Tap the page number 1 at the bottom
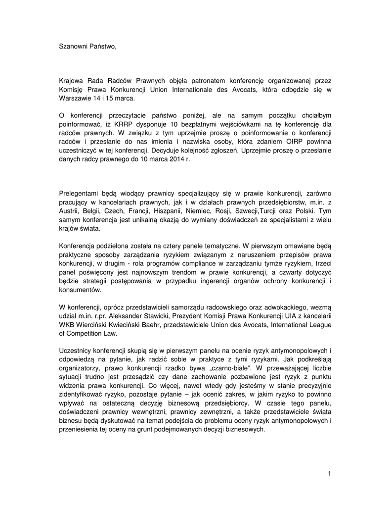coord(329,474)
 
